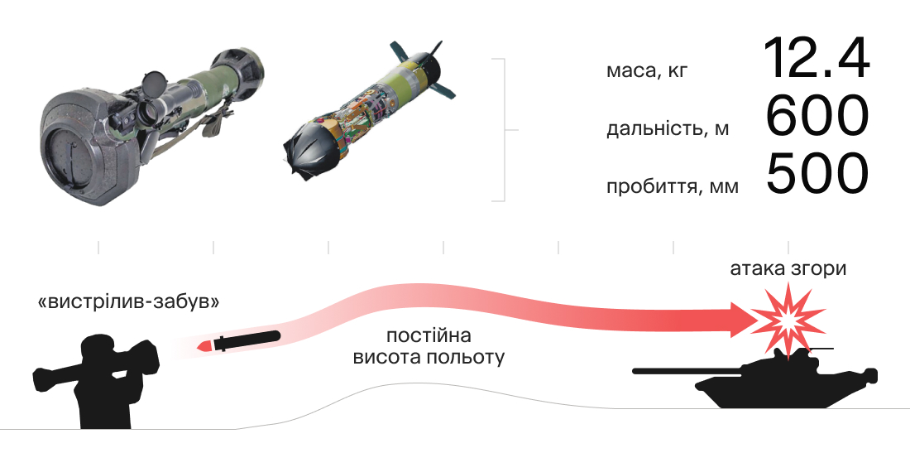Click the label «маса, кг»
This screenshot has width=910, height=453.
tap(647, 71)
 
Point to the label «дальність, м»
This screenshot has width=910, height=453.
tap(668, 128)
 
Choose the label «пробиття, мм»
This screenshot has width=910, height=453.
tap(673, 187)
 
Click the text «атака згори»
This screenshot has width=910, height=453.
tap(788, 269)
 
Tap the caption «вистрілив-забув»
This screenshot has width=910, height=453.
tap(128, 302)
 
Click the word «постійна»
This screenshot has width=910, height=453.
tap(429, 335)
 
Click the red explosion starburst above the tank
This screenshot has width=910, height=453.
tap(788, 319)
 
